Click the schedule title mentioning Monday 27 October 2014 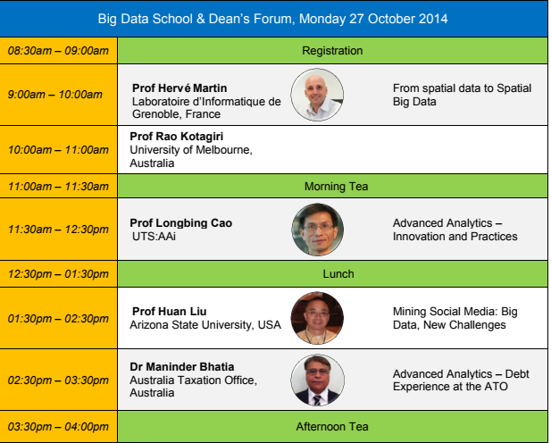pos(272,19)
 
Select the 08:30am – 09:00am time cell pos(58,51)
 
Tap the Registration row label pos(332,51)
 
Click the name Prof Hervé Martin pos(179,88)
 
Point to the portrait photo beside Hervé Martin pos(317,95)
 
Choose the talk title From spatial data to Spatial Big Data pos(462,95)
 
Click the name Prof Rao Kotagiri pos(177,137)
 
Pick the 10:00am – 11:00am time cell pos(58,150)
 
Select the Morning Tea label pos(337,187)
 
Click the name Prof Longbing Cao pos(181,223)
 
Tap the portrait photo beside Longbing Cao pos(318,230)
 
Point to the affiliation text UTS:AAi pos(154,237)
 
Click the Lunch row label pos(338,274)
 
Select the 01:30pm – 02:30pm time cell pos(58,319)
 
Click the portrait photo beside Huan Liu pos(317,318)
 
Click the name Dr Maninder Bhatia pos(182,367)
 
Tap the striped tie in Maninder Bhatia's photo pos(317,400)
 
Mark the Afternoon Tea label pos(332,426)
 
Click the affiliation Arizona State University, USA pos(205,325)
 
